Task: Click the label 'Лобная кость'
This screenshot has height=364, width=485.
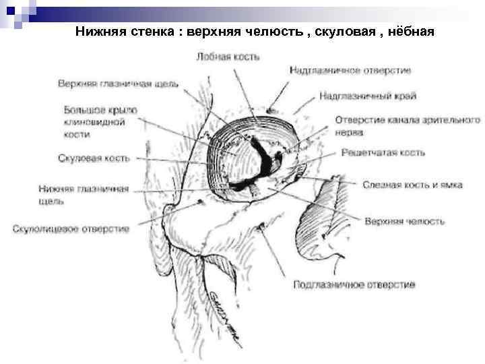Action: click(228, 57)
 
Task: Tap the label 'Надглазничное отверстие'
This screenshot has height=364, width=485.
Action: click(350, 69)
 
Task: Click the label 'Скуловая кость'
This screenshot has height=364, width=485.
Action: click(93, 158)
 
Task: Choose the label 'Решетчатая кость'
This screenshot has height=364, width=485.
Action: click(383, 153)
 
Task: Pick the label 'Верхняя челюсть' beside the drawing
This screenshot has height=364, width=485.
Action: click(404, 220)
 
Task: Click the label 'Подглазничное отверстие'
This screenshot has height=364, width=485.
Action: click(354, 284)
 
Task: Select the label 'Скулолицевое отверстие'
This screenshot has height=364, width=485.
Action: click(71, 229)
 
